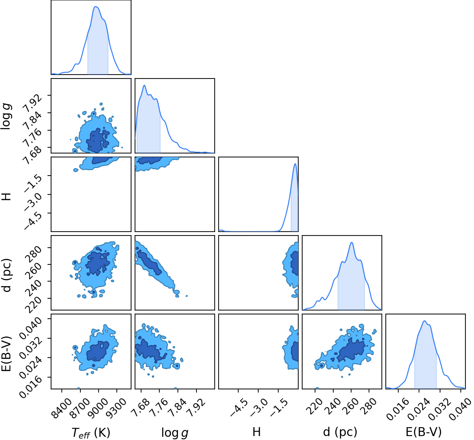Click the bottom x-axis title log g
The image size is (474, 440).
point(175,432)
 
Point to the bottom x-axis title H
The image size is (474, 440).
point(256,432)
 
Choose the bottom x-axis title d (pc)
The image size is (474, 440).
point(340,432)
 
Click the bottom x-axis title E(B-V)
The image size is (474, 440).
point(424,432)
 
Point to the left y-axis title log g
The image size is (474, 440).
point(6,116)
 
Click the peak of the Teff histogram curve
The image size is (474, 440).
point(96,6)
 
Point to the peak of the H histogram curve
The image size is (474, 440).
point(295,163)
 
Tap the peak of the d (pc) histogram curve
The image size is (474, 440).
point(351,242)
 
